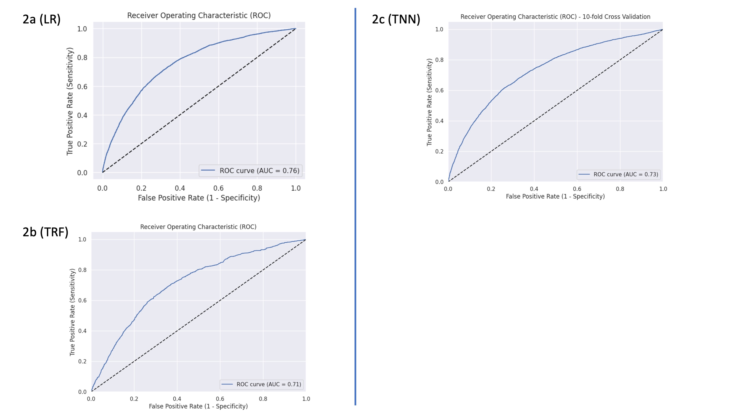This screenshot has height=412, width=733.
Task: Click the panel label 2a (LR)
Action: click(x=42, y=19)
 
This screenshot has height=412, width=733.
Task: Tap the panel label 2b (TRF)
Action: click(x=45, y=232)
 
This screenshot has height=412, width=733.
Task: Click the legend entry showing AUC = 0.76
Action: click(x=251, y=171)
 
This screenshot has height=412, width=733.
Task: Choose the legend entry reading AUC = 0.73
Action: click(x=619, y=174)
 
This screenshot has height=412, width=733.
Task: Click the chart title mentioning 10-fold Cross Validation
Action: click(x=555, y=17)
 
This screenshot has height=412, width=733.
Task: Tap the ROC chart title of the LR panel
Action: click(x=199, y=15)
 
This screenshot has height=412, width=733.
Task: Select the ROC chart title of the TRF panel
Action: click(x=198, y=227)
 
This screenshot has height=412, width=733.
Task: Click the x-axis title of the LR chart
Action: click(x=199, y=198)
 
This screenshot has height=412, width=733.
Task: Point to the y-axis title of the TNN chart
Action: click(x=429, y=102)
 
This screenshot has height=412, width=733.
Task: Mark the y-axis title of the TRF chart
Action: click(x=72, y=312)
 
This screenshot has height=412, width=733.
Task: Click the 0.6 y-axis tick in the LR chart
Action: click(x=82, y=86)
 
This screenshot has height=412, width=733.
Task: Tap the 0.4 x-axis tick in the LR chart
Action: click(x=180, y=188)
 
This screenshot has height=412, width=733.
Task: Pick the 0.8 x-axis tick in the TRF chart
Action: click(x=263, y=399)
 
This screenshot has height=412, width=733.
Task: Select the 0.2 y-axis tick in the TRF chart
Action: click(x=82, y=361)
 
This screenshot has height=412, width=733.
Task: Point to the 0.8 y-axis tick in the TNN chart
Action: click(x=439, y=60)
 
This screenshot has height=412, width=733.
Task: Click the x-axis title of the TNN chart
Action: click(x=555, y=196)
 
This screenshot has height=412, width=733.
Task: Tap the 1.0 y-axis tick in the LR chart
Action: click(x=82, y=29)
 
